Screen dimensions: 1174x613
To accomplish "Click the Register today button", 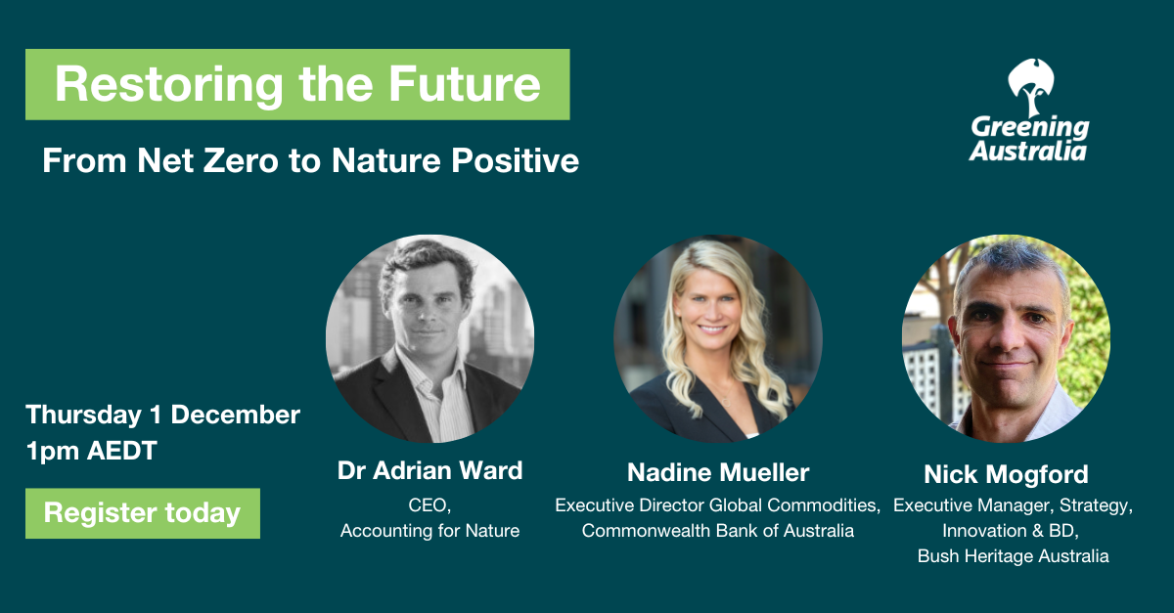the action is [x=143, y=513].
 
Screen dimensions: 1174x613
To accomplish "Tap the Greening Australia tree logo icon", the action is [x=1031, y=87].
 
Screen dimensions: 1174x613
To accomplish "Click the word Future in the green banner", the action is [x=465, y=84].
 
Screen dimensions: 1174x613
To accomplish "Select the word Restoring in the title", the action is [x=168, y=85].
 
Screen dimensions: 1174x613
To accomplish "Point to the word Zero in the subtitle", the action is [x=240, y=160].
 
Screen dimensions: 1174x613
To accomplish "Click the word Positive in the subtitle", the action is [x=516, y=160].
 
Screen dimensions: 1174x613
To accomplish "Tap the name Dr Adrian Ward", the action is [x=429, y=470].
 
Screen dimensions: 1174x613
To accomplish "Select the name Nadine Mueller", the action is [x=718, y=472].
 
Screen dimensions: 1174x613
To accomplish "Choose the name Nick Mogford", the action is [x=1006, y=475].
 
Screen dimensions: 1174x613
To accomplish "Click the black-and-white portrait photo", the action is [x=429, y=338].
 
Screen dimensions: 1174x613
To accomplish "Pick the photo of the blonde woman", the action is [x=718, y=338].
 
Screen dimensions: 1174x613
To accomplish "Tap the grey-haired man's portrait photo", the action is [x=1006, y=338].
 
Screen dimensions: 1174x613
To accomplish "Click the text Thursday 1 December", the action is [x=163, y=416].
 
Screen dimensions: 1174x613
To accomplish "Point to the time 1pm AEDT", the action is [x=92, y=451].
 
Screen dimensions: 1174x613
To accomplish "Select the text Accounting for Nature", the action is [x=429, y=531].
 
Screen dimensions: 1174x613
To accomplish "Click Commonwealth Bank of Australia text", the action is [x=718, y=531].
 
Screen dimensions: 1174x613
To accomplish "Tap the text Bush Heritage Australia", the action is [x=1014, y=556].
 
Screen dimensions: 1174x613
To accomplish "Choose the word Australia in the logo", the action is [x=1028, y=152].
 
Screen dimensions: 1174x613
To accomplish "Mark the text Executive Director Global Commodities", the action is [x=717, y=505].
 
